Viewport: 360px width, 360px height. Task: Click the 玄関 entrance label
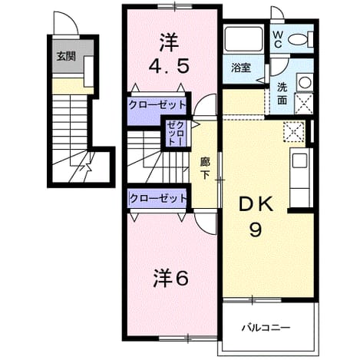tap(66, 56)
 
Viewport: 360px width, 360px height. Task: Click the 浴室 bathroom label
tap(241, 68)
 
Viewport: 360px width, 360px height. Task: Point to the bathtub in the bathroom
tap(243, 38)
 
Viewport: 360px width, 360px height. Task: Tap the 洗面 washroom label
tap(282, 94)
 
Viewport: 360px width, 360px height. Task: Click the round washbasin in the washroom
tap(305, 82)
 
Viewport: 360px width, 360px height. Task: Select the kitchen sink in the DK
tap(299, 160)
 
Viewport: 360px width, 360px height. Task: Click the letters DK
tap(256, 204)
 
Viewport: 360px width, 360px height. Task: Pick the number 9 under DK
tap(256, 230)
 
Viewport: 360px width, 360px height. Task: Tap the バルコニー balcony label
tap(266, 327)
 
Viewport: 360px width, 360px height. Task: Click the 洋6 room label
tap(171, 279)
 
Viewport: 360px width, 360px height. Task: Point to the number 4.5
tap(169, 66)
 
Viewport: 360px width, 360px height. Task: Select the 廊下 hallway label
tap(205, 168)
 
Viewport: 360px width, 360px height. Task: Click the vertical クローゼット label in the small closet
tap(176, 133)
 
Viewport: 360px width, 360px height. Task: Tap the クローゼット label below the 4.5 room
tap(157, 105)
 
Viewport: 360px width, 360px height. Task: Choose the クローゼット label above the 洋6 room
tap(159, 198)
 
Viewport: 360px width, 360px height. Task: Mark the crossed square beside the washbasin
tap(304, 104)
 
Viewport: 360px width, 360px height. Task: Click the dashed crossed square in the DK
tap(294, 131)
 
